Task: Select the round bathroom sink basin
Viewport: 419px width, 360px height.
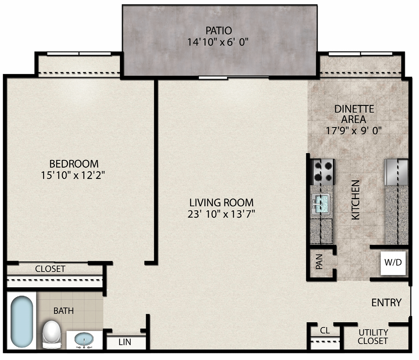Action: click(84, 339)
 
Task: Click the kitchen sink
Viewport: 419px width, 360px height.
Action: click(321, 204)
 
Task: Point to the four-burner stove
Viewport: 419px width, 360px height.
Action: click(323, 172)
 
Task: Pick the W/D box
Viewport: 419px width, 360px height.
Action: click(393, 263)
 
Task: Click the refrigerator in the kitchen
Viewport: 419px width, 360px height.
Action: click(396, 172)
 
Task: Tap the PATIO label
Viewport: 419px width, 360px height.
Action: click(219, 31)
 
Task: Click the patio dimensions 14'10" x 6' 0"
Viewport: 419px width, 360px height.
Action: click(218, 42)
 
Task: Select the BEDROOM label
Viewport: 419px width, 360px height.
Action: click(74, 164)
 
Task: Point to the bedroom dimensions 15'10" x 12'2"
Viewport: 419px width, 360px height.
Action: click(73, 175)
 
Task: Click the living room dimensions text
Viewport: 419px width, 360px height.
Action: click(221, 214)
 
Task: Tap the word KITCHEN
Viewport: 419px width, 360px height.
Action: click(355, 200)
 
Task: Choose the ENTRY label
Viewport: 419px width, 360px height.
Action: click(387, 303)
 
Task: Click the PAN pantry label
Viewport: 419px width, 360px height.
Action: click(319, 261)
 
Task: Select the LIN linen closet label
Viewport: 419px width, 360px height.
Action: click(125, 342)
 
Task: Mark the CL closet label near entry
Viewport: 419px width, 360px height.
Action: click(325, 331)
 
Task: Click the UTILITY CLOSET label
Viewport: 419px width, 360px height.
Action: click(373, 337)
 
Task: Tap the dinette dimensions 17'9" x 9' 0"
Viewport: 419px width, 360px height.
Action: click(353, 130)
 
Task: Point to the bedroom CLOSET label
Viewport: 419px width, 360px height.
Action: click(50, 269)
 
